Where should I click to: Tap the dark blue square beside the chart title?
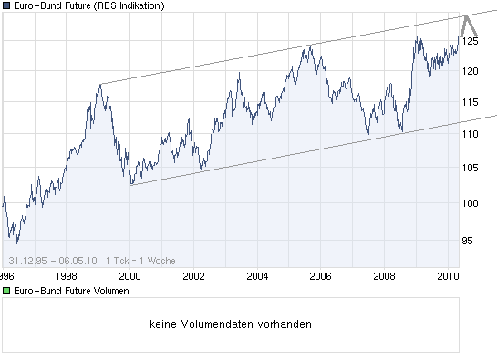pyautogui.click(x=6, y=6)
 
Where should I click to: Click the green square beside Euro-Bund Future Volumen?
pyautogui.click(x=6, y=291)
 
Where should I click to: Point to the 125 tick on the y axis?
pyautogui.click(x=471, y=41)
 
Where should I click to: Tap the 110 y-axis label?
pyautogui.click(x=471, y=133)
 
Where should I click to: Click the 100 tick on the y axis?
pyautogui.click(x=471, y=202)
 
